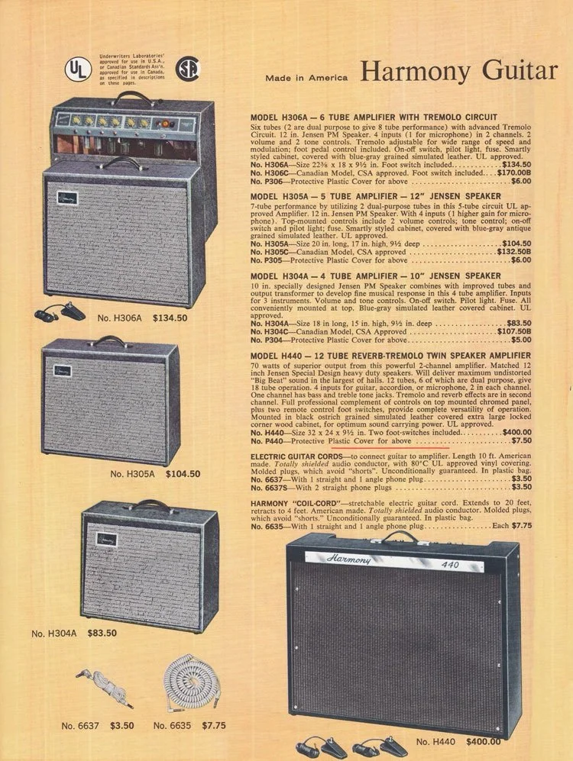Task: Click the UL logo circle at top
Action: (74, 69)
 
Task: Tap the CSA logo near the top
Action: (187, 69)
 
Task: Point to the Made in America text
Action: (306, 78)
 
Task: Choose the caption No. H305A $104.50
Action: (154, 474)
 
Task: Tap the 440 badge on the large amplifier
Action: (451, 566)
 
